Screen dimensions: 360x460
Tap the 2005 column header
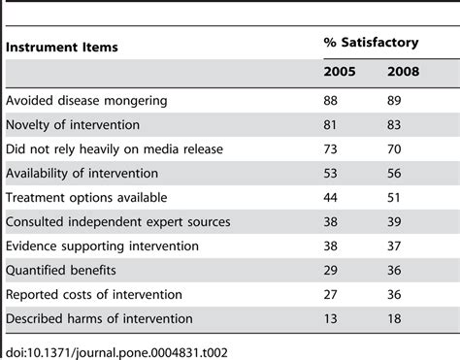[339, 74]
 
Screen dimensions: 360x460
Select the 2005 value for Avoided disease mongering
[331, 101]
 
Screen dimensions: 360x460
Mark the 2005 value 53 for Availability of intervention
[331, 173]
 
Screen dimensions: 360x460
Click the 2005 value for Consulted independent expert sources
[331, 221]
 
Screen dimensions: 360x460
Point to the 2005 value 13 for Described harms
[331, 317]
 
